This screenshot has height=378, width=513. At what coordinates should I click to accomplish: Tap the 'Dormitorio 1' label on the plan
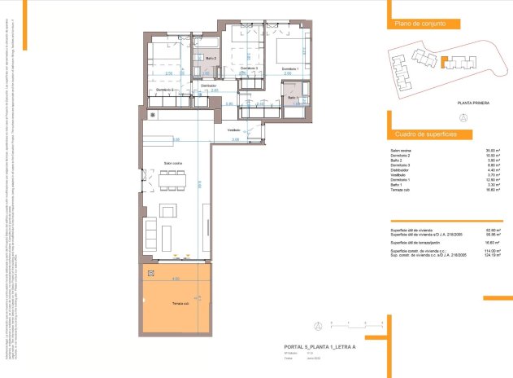tap(290, 69)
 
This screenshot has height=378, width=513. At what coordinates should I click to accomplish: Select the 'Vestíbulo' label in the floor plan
tap(233, 130)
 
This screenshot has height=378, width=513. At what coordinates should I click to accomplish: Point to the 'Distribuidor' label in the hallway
tap(208, 85)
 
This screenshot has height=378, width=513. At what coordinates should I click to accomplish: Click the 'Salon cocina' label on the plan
tap(172, 163)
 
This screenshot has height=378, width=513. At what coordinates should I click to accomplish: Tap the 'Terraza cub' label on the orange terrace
tap(180, 303)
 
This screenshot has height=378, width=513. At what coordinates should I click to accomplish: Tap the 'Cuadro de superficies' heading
tap(424, 133)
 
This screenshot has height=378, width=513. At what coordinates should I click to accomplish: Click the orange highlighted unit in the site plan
tap(445, 59)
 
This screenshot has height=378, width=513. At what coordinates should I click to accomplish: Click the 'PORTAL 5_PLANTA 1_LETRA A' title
tap(317, 347)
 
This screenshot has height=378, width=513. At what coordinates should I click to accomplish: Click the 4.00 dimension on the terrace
tap(175, 279)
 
